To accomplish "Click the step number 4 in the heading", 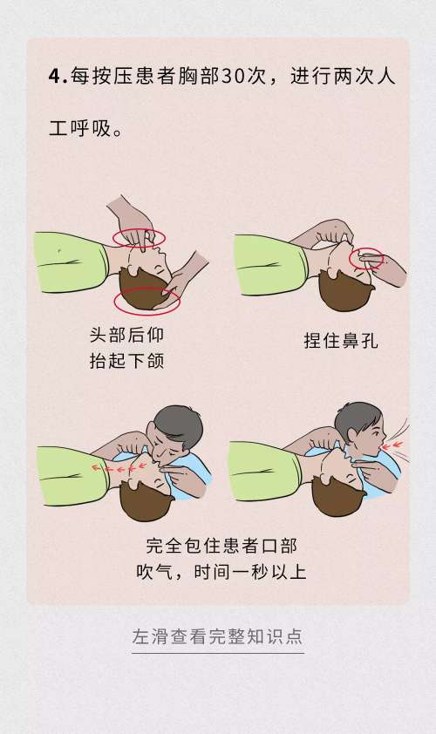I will tap(55, 76).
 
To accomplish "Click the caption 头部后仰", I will tap(126, 335).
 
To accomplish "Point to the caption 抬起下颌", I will tap(126, 360).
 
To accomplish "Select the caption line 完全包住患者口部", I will tap(221, 547).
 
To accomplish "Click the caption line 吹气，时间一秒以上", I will tap(221, 573).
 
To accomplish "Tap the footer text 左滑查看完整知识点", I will tap(218, 636).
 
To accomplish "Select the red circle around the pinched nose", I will tap(365, 258).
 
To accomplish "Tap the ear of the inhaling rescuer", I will tap(353, 432).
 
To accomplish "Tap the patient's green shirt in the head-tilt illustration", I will tap(70, 262).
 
